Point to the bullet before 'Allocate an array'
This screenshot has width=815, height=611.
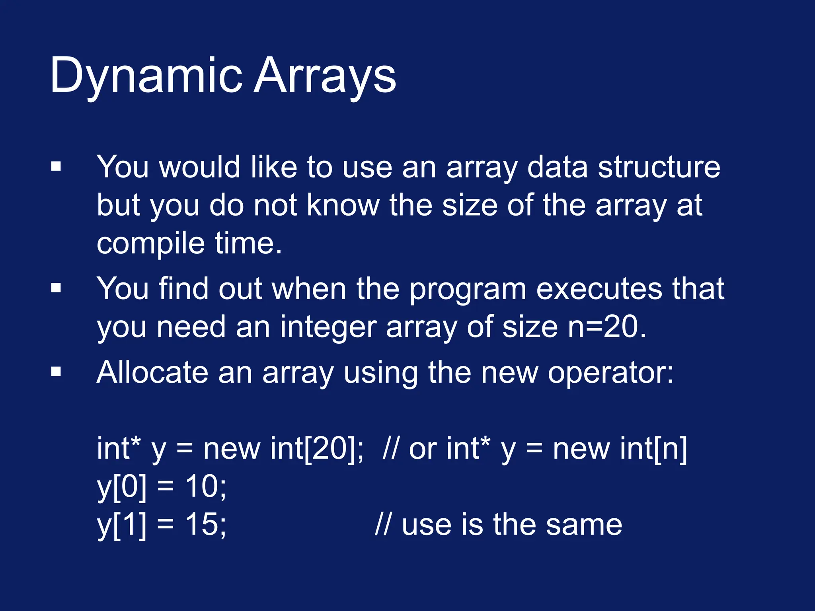coord(56,372)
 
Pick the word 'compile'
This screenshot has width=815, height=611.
coord(151,243)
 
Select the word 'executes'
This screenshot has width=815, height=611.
coord(599,289)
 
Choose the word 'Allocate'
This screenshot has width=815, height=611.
coord(152,372)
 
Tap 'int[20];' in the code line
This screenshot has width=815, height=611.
coord(317,449)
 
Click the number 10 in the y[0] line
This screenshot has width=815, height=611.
coord(201,486)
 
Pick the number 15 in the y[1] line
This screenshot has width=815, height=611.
coord(201,524)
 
